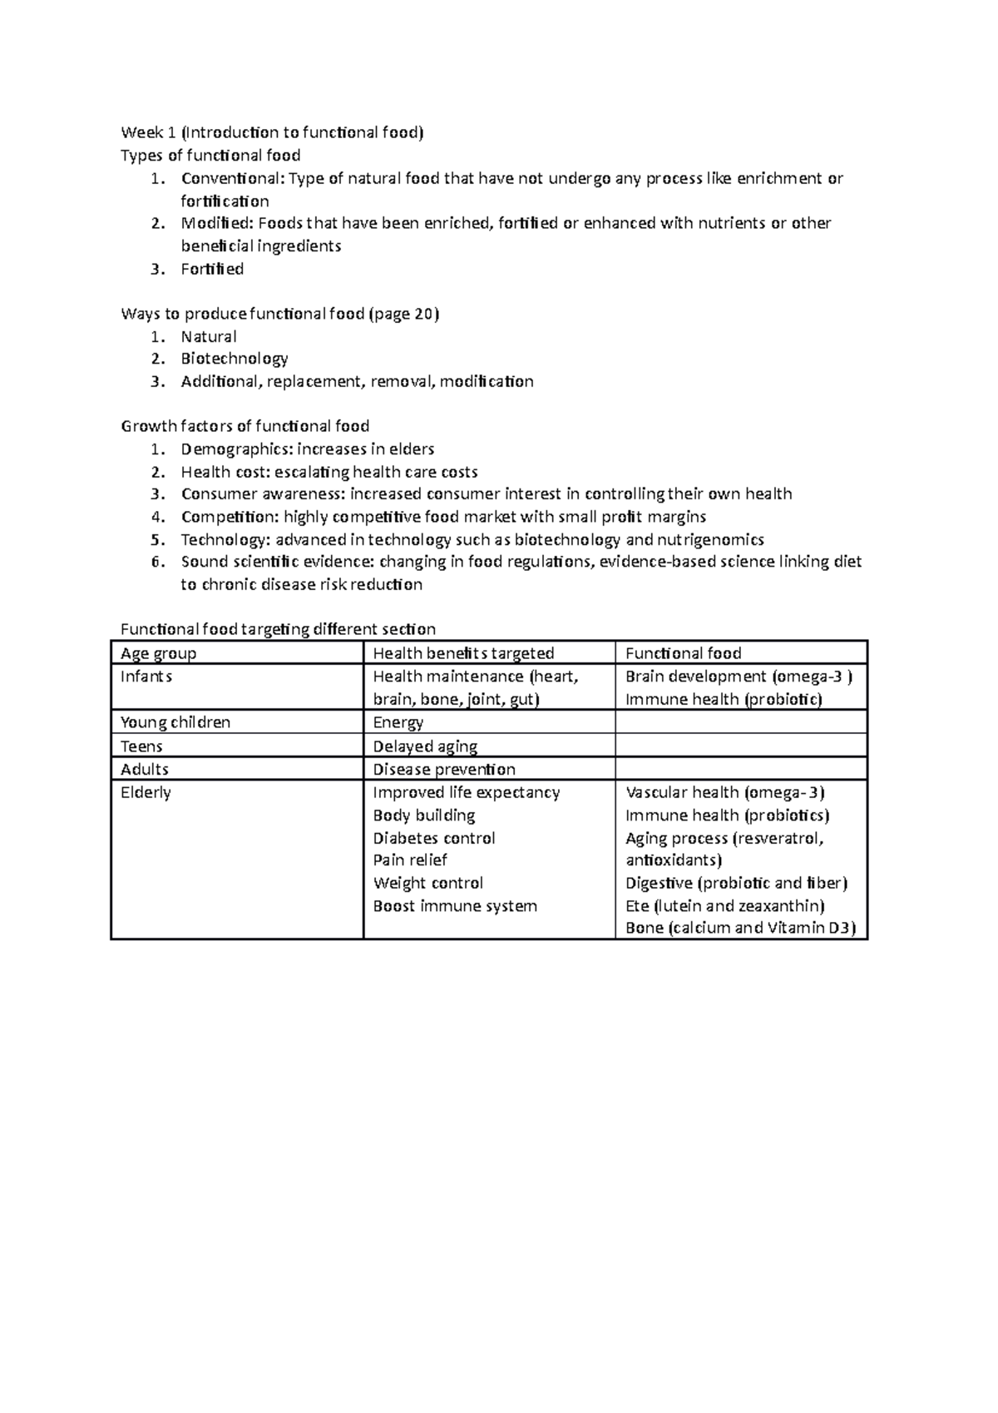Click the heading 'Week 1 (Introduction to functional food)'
pyautogui.click(x=272, y=132)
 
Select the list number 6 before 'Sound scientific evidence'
pyautogui.click(x=156, y=562)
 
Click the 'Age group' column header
pyautogui.click(x=158, y=653)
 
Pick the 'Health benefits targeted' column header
pyautogui.click(x=463, y=653)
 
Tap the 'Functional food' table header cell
pyautogui.click(x=683, y=653)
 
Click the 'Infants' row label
pyautogui.click(x=146, y=677)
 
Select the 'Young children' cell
pyautogui.click(x=175, y=722)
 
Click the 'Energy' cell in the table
pyautogui.click(x=398, y=722)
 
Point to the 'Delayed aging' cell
pyautogui.click(x=425, y=746)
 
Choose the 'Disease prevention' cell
pyautogui.click(x=443, y=769)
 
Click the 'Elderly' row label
pyautogui.click(x=146, y=792)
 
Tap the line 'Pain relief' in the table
pyautogui.click(x=409, y=860)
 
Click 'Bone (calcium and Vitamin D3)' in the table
pyautogui.click(x=740, y=928)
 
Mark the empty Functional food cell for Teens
pyautogui.click(x=740, y=746)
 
